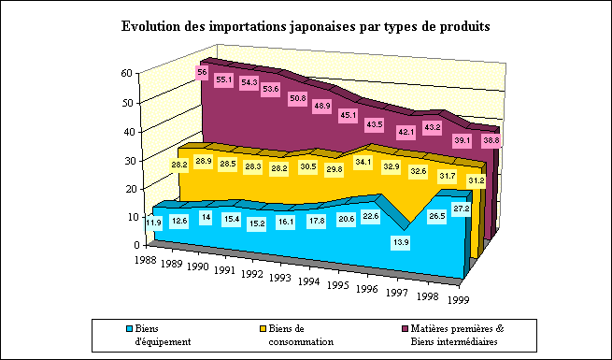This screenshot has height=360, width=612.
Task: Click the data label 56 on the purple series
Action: (202, 72)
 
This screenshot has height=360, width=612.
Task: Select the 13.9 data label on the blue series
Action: (401, 242)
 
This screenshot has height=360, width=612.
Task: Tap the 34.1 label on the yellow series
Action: (363, 162)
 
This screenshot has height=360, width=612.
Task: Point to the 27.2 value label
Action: (462, 209)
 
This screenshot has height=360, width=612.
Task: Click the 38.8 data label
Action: (491, 140)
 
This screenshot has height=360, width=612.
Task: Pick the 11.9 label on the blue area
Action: (153, 223)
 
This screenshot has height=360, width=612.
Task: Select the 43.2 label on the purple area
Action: (432, 128)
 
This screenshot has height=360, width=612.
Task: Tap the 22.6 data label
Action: (370, 216)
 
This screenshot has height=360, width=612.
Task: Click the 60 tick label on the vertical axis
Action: (127, 74)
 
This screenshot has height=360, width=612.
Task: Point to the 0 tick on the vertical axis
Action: (137, 245)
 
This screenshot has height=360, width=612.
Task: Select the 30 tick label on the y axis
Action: (127, 161)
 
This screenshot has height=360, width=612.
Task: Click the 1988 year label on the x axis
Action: (146, 260)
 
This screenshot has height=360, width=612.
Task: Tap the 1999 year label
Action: (458, 299)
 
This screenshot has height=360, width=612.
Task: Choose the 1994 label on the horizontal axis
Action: (308, 281)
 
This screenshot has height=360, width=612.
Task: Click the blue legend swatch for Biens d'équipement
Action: (130, 329)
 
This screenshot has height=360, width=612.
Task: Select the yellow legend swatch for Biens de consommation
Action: (263, 329)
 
